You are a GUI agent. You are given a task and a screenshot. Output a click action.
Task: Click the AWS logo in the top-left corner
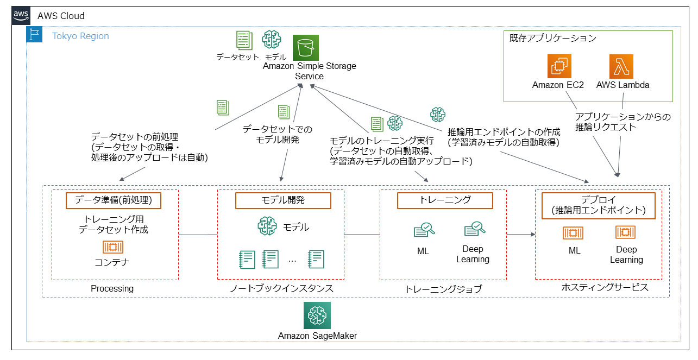21,16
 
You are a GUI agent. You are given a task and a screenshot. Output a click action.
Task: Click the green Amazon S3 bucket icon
306,48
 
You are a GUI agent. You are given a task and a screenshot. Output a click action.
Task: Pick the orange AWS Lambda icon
622,67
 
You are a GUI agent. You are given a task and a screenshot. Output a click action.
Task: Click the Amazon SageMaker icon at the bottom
317,315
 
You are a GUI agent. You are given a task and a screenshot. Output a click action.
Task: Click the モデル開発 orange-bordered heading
283,200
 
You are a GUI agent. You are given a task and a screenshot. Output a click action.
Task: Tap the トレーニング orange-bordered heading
445,200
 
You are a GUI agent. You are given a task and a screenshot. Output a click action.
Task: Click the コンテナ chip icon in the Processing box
113,247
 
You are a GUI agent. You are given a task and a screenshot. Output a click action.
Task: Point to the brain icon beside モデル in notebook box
267,226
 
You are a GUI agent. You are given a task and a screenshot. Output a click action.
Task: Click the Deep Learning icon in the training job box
474,229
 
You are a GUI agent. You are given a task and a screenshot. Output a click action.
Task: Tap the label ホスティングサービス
605,288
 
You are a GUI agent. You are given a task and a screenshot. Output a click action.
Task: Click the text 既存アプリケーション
553,39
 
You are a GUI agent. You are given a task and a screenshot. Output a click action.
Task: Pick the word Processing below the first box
112,289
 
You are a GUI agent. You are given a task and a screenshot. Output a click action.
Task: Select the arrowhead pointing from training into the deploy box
532,235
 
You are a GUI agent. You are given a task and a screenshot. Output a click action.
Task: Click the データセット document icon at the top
244,40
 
